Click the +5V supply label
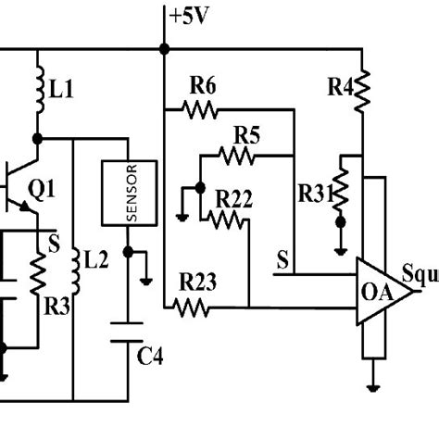(x=189, y=14)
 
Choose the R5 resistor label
(x=245, y=134)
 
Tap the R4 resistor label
(x=340, y=88)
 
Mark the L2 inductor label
(x=95, y=260)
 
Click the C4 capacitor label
(x=150, y=356)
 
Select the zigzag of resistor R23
(x=194, y=307)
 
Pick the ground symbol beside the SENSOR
(x=146, y=276)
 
